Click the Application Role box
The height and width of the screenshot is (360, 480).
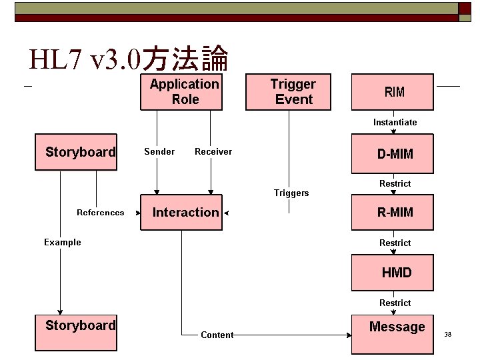[181, 92]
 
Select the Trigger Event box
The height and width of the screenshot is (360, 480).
[289, 92]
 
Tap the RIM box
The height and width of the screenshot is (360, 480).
[393, 92]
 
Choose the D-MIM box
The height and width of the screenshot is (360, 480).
[393, 154]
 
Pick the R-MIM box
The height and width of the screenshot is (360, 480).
[393, 213]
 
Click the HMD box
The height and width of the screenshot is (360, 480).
[393, 273]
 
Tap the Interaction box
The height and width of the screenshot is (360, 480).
[181, 213]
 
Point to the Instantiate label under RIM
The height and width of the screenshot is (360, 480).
[395, 123]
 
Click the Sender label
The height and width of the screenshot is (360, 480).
[159, 152]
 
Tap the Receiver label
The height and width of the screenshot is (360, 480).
[213, 152]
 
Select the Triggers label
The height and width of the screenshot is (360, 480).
[291, 193]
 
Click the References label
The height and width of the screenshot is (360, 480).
[100, 213]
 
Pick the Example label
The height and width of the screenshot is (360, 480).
[63, 243]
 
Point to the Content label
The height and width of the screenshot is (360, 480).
[217, 335]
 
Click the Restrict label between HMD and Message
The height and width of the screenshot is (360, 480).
[395, 303]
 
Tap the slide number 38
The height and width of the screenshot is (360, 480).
[448, 334]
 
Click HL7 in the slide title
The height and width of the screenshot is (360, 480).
[56, 61]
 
